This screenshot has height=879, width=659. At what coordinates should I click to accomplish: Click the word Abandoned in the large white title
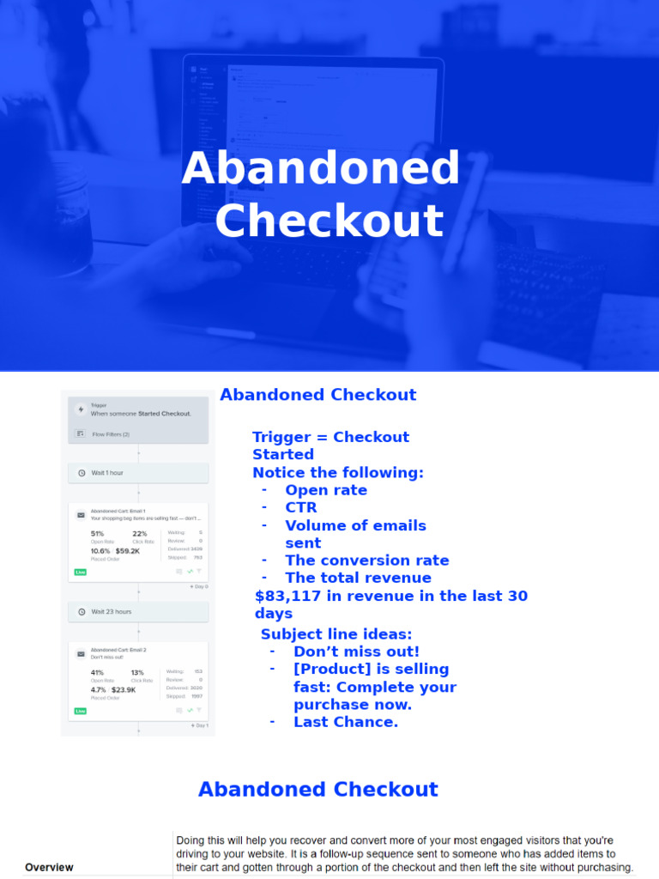pos(321,169)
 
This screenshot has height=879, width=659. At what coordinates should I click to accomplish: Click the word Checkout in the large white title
pos(329,221)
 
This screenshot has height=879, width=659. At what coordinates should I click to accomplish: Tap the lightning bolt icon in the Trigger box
pos(81,409)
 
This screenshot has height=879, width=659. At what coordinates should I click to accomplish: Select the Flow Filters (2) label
pos(111,434)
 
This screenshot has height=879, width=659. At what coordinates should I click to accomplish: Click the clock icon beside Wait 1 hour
pos(81,473)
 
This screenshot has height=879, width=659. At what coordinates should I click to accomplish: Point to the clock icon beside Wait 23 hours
pos(81,612)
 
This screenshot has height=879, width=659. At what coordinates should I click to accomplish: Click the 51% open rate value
pos(97,534)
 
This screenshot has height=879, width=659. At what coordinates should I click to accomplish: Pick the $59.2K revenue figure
pos(129,551)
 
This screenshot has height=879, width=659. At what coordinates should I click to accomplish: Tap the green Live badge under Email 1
pos(81,572)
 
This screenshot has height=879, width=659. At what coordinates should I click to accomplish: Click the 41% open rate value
pos(97,673)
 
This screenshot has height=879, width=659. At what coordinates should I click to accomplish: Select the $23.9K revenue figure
pos(127,689)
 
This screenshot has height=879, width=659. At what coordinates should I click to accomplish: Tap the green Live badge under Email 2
pos(81,711)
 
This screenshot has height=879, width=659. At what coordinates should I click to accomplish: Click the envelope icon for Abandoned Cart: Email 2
pos(81,653)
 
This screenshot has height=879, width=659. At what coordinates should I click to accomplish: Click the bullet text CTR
pos(301,508)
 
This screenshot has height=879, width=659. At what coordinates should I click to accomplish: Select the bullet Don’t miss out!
pos(356,652)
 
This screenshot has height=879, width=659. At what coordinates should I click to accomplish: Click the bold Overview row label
pos(49,867)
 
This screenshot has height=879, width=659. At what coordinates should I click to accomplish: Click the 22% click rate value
pos(139,534)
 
